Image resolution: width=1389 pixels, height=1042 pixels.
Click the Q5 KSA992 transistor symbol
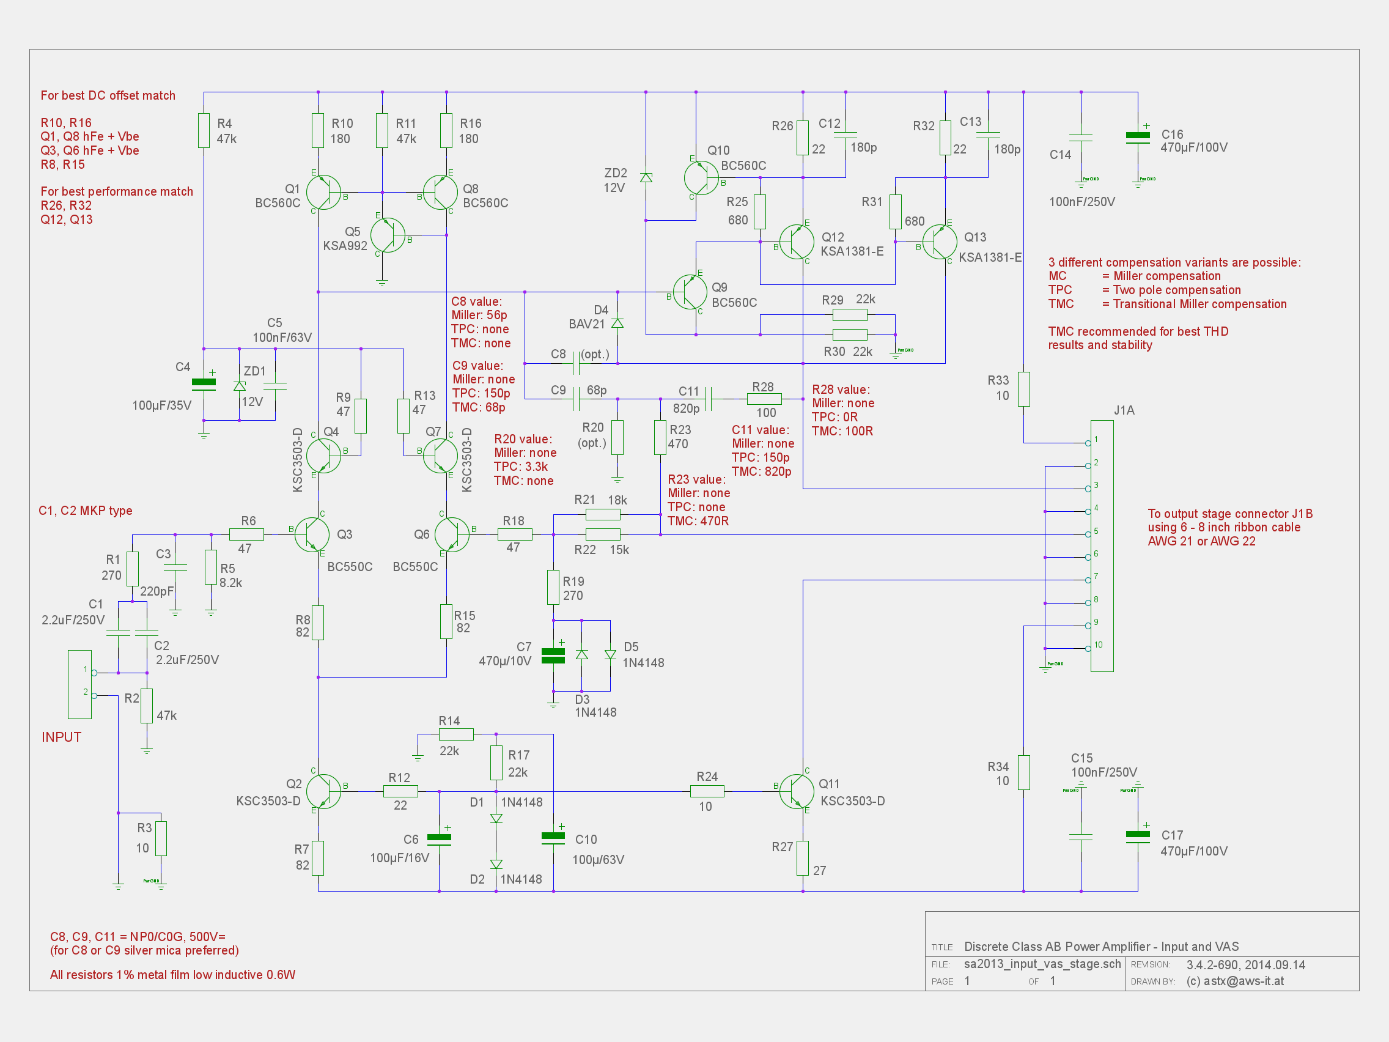tap(388, 235)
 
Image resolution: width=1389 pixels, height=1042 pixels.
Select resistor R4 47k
tap(204, 131)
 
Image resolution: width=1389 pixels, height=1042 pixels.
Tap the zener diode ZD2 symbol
tap(646, 178)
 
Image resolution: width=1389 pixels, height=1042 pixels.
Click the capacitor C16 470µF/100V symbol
tap(1137, 136)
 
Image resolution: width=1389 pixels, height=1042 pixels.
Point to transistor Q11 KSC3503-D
tap(796, 791)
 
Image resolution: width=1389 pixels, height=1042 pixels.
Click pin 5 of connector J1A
tap(1088, 534)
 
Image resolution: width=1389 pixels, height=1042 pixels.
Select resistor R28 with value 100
tap(764, 399)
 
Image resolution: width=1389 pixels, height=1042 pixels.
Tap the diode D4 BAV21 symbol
tap(617, 323)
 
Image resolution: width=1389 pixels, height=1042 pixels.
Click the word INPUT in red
tap(62, 737)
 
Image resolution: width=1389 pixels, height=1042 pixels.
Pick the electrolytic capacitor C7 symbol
tap(553, 656)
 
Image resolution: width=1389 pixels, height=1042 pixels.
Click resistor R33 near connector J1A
tap(1023, 389)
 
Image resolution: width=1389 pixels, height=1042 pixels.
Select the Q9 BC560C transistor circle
tap(690, 292)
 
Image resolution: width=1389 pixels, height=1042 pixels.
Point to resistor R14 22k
tap(456, 734)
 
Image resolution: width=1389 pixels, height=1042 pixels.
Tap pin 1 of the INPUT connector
tap(94, 673)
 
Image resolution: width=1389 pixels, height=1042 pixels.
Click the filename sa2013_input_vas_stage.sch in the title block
tap(1042, 964)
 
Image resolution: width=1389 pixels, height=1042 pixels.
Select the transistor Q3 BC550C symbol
tap(312, 534)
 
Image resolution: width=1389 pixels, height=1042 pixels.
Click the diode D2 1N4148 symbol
tap(496, 865)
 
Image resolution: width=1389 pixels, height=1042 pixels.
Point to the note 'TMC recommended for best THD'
tap(1137, 331)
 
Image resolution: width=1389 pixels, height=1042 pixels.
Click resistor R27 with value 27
tap(803, 858)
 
